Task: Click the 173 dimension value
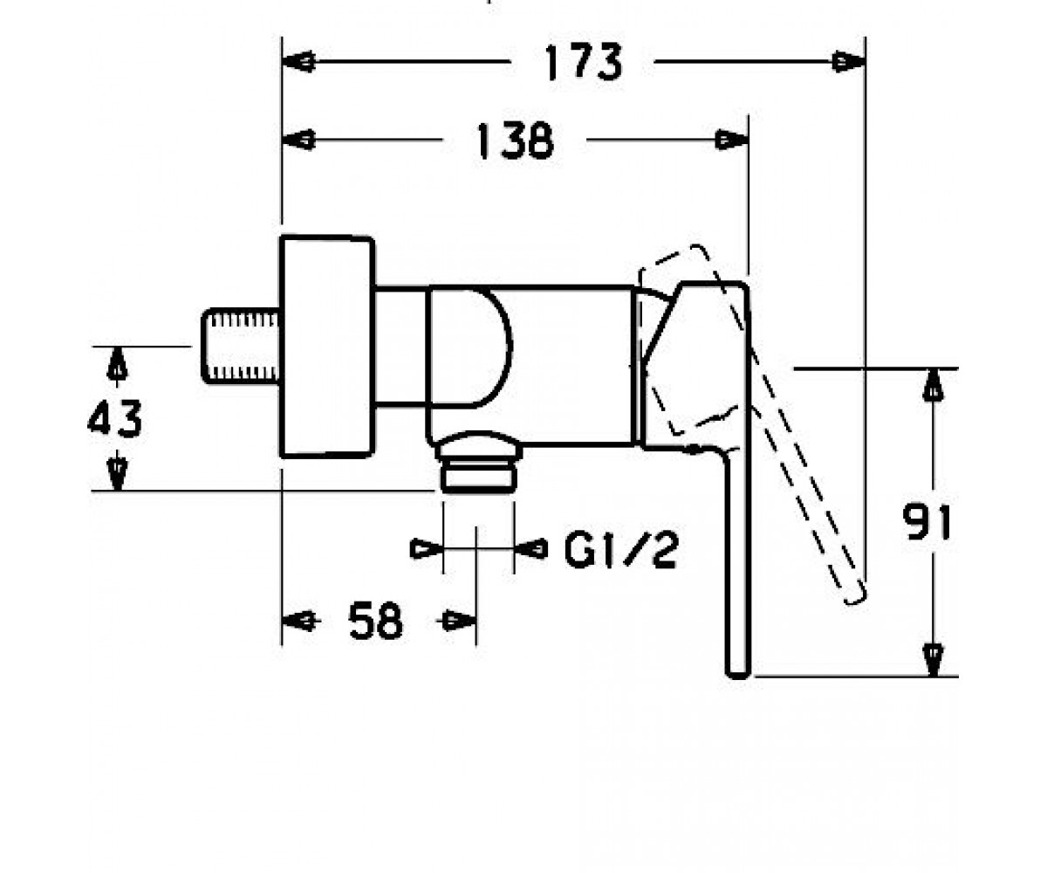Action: coord(584,62)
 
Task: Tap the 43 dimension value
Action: coord(115,418)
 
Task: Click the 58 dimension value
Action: coord(375,621)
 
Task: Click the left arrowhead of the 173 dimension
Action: coord(298,62)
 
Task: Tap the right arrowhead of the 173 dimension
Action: coord(849,62)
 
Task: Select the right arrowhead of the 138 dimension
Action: coord(732,140)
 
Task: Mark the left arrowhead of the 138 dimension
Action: coord(298,140)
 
